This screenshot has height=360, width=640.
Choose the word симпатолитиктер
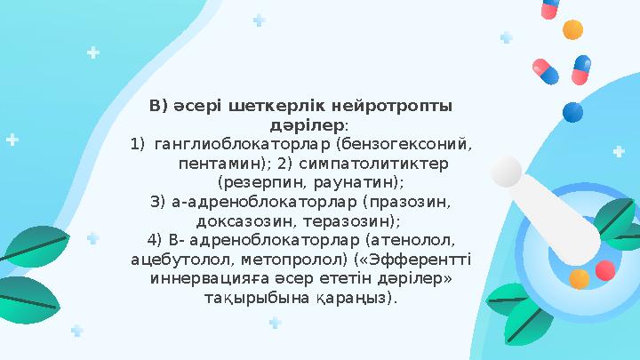pyautogui.click(x=374, y=164)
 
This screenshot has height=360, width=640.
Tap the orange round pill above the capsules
pyautogui.click(x=573, y=29)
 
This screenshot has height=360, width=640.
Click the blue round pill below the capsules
pyautogui.click(x=573, y=112)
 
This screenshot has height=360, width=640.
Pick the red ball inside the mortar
pyautogui.click(x=604, y=270)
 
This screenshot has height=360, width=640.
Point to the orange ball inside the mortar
pyautogui.click(x=579, y=279)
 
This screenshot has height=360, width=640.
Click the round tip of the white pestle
pyautogui.click(x=507, y=172)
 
